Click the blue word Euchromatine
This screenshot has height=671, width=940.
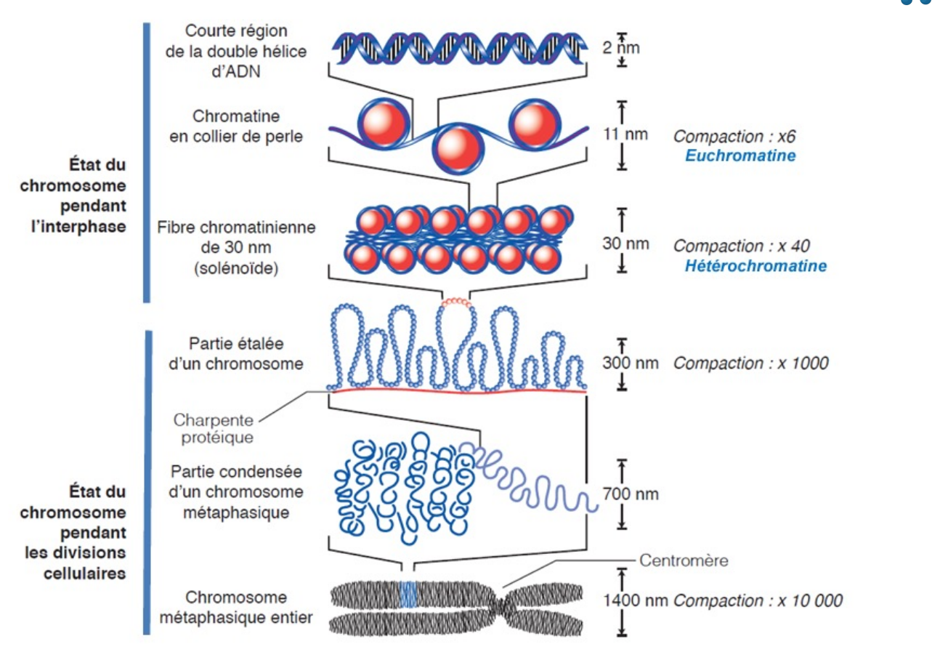740,156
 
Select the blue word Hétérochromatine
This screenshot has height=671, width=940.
755,266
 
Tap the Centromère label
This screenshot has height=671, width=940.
684,560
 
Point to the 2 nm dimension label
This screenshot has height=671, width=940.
621,48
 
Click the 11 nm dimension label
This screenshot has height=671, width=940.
625,134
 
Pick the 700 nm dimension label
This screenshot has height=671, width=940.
631,494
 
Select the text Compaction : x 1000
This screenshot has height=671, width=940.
750,363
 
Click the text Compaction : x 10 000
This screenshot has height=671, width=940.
758,601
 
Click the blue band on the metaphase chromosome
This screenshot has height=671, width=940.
408,595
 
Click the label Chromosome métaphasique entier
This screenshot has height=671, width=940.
236,608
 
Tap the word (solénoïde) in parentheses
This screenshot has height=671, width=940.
236,268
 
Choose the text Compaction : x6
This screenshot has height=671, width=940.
734,137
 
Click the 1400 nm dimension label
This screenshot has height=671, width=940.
635,601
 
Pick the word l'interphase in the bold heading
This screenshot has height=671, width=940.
79,227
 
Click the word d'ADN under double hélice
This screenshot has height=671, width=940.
236,72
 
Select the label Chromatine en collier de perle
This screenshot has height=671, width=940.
236,126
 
